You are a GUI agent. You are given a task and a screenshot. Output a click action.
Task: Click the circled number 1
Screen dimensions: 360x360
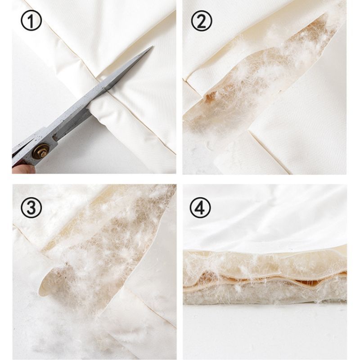(31, 21)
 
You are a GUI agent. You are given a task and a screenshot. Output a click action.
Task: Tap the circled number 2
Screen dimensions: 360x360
(201, 21)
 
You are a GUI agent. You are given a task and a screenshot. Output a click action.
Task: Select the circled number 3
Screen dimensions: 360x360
(31, 208)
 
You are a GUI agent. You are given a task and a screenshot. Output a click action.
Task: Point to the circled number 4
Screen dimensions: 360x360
(200, 208)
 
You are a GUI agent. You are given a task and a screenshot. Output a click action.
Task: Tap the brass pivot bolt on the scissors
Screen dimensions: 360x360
(41, 151)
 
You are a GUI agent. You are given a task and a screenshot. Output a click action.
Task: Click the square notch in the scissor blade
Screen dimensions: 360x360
(55, 137)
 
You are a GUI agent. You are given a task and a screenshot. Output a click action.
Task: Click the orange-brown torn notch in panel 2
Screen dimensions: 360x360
(210, 96)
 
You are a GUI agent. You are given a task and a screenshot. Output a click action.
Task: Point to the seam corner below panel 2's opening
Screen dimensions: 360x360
(250, 131)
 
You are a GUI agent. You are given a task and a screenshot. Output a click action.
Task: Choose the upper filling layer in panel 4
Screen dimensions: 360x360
(264, 263)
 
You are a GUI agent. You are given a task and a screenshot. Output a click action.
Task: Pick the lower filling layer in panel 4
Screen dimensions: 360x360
(264, 294)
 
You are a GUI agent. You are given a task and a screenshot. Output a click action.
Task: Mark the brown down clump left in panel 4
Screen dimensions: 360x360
(208, 277)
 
